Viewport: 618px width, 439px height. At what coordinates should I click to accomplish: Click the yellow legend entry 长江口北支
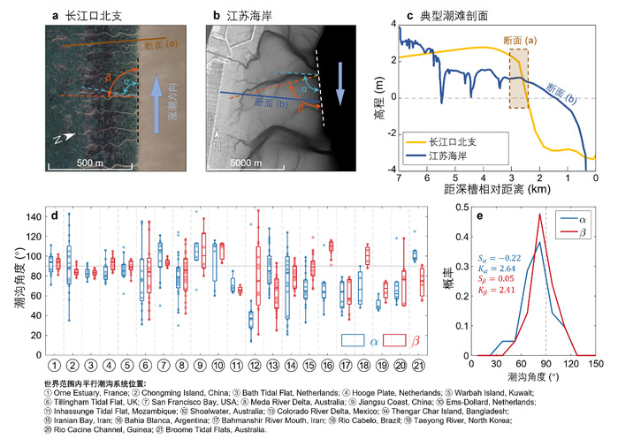453,140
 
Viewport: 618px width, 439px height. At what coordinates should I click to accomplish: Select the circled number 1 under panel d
55,364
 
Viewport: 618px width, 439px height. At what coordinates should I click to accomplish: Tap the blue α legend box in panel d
352,338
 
